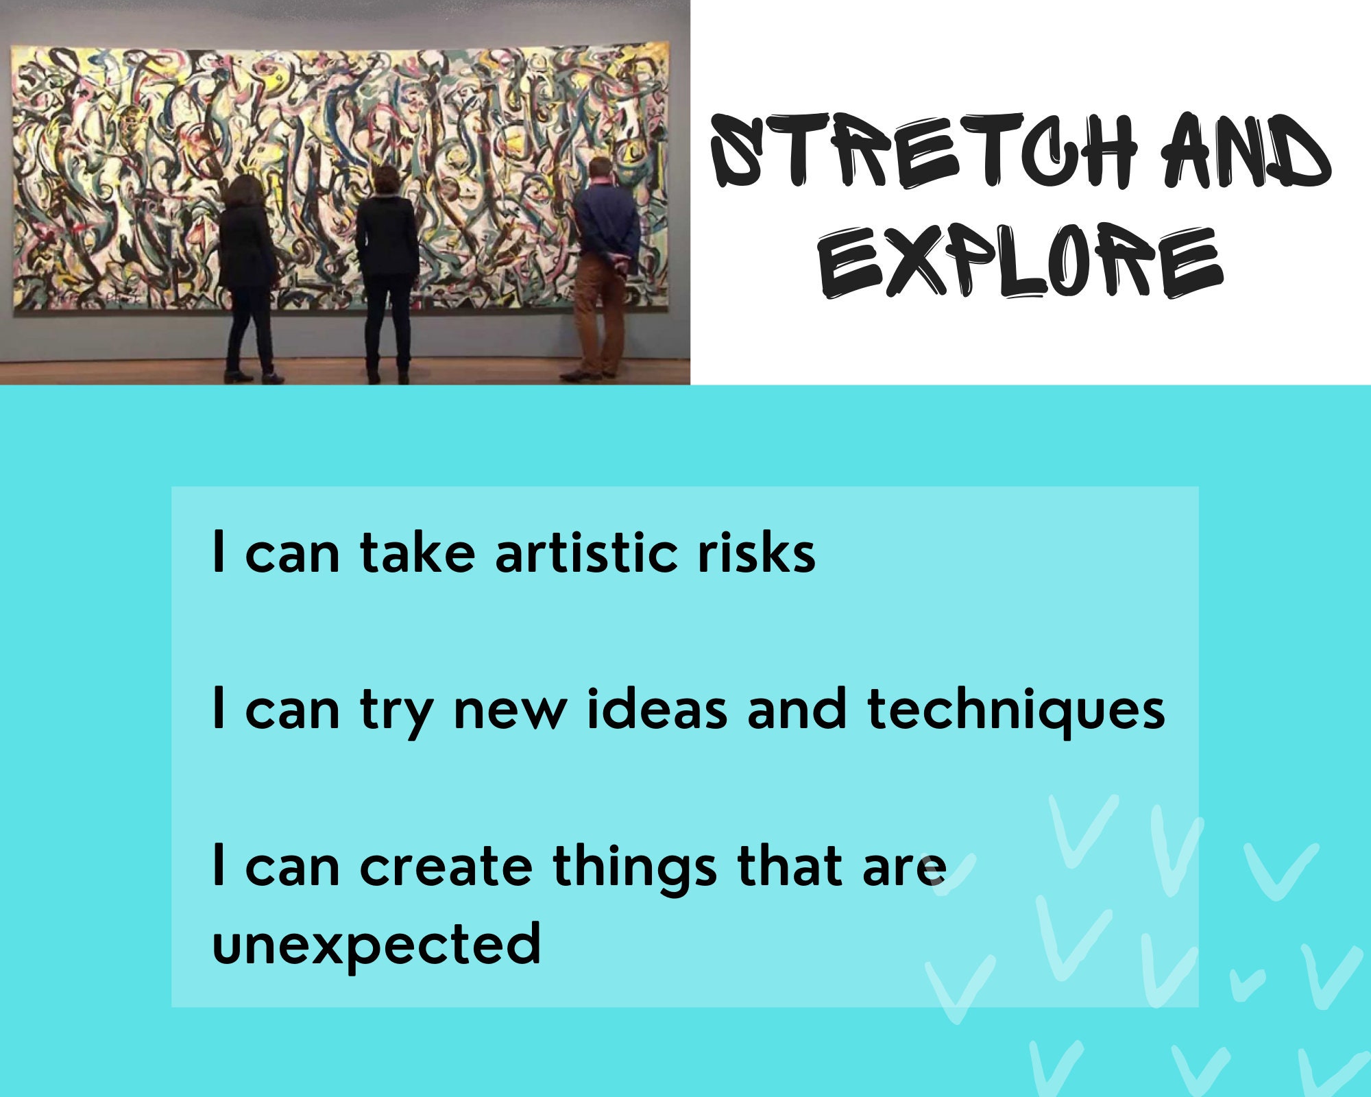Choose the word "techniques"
[x=1015, y=710]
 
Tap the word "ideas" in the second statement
[x=657, y=709]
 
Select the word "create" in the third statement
[x=446, y=866]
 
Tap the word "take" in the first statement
[x=417, y=553]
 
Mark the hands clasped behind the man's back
[x=620, y=261]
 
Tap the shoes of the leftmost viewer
[x=254, y=376]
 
